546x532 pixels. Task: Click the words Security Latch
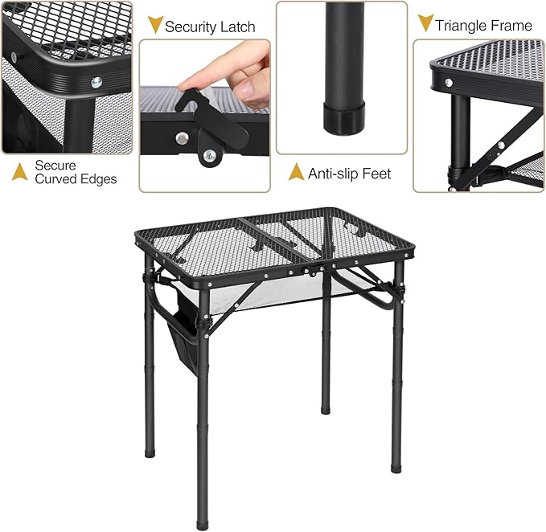(x=210, y=27)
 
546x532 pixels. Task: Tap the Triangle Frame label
(x=483, y=26)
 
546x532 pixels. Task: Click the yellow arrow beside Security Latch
(x=154, y=25)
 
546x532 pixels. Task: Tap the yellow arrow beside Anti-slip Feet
(x=296, y=172)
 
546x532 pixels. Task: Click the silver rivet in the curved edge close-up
(x=97, y=80)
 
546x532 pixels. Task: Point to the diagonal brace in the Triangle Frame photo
(x=499, y=137)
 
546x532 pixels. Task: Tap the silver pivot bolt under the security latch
(x=210, y=155)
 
